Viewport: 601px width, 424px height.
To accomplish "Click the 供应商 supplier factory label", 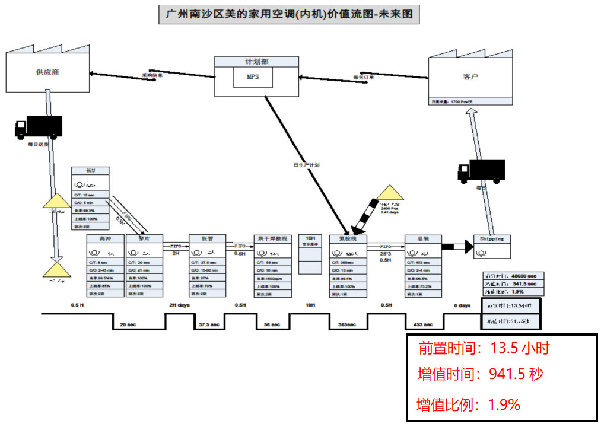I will tap(47, 72).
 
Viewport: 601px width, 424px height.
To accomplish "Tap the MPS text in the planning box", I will tap(253, 76).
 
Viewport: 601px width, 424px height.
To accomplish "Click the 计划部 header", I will tap(256, 62).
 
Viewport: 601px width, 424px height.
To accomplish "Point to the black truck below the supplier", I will tap(39, 126).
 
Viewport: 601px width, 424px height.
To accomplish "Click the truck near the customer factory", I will tap(481, 170).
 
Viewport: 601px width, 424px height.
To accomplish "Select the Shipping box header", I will tap(492, 239).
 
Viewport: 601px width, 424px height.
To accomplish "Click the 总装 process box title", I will tap(423, 239).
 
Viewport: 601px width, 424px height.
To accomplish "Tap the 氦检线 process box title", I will tap(348, 239).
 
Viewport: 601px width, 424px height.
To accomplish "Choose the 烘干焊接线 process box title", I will tap(272, 239).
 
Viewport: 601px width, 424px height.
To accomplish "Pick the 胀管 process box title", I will tap(207, 239).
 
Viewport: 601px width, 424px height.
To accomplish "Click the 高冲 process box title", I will tap(106, 239).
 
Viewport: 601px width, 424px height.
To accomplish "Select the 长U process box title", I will tap(90, 171).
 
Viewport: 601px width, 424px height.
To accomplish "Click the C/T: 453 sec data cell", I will tap(423, 262).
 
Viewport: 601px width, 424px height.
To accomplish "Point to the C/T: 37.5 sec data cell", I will tap(207, 262).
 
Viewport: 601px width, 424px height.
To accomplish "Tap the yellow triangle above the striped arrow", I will tap(390, 193).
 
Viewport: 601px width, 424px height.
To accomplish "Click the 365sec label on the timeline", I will tap(348, 324).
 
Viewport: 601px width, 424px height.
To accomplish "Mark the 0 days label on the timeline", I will tap(462, 305).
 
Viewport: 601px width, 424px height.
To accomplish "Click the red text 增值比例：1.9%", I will tap(469, 405).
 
